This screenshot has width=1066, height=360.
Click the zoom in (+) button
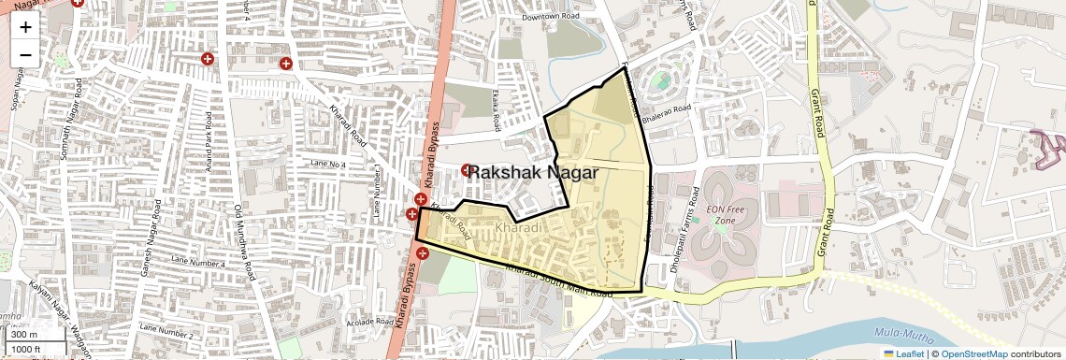(x=25, y=26)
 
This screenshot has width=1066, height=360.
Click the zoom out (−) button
(x=25, y=54)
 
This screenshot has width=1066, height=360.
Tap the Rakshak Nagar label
(x=532, y=172)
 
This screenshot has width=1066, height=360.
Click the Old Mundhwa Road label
(x=244, y=245)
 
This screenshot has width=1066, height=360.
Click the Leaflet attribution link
(x=903, y=354)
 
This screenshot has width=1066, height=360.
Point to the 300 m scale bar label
(x=24, y=335)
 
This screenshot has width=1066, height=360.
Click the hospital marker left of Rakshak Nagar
(x=467, y=169)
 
